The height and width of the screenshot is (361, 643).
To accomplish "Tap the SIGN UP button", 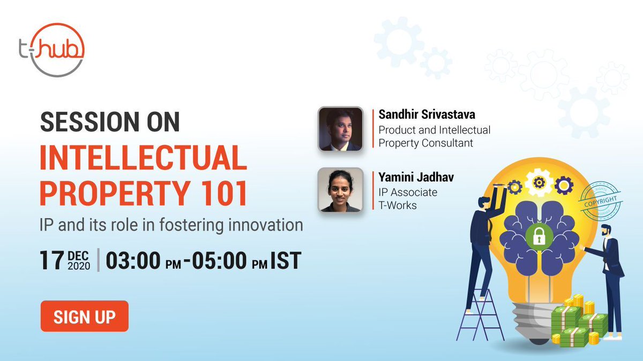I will [85, 316].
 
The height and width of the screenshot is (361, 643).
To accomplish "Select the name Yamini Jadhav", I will [416, 178].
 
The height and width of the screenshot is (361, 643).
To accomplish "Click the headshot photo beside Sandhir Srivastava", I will [340, 129].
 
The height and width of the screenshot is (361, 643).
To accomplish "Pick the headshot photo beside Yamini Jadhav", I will [340, 190].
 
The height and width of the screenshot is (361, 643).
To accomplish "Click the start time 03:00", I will [133, 260].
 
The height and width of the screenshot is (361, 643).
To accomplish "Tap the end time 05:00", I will [220, 260].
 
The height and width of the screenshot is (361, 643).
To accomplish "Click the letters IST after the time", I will [286, 260].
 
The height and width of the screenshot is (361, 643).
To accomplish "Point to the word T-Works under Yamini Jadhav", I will [398, 205].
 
